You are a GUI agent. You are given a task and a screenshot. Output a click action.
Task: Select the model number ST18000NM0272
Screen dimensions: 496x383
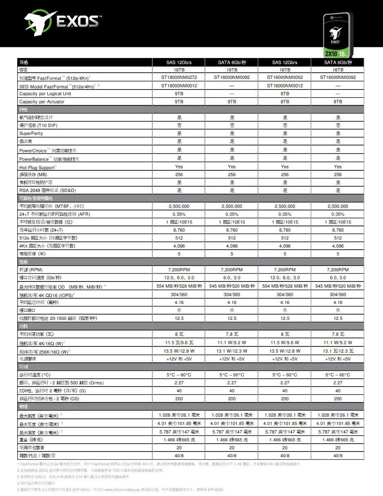[x=179, y=77]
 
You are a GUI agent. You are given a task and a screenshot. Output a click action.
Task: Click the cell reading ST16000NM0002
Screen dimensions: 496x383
[x=285, y=77]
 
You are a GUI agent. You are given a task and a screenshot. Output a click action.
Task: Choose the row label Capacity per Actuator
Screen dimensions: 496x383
[x=42, y=102]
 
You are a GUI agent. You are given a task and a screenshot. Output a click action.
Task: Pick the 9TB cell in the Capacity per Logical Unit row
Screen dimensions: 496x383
[x=179, y=94]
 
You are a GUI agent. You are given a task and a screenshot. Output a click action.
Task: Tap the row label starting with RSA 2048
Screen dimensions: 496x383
[x=47, y=190]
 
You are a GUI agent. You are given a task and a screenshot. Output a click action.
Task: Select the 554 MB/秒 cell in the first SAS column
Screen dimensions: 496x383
[x=179, y=286]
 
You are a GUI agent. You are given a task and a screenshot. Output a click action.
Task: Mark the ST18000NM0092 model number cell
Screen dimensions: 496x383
[x=232, y=77]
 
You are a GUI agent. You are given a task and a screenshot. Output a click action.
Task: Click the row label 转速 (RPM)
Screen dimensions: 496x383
[x=31, y=270]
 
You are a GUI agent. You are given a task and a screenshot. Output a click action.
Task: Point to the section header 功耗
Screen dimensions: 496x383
[x=24, y=326]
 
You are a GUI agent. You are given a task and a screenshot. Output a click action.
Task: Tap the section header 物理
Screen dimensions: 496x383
[x=24, y=407]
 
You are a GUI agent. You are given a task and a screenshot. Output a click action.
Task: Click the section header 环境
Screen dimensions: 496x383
[x=24, y=367]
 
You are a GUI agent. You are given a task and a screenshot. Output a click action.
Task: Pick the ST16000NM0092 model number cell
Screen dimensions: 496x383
[x=338, y=77]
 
